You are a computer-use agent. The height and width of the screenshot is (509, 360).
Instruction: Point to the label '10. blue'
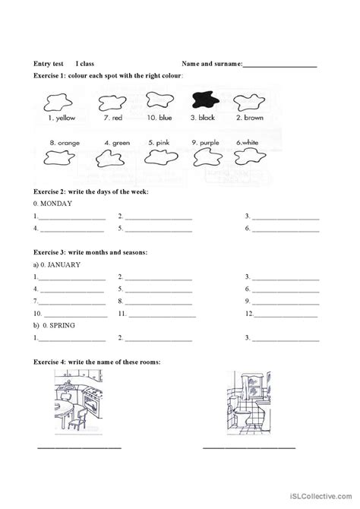click(159, 119)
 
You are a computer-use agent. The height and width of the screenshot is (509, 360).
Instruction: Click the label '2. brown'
click(249, 119)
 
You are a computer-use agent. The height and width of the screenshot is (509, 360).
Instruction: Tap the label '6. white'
click(248, 142)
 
